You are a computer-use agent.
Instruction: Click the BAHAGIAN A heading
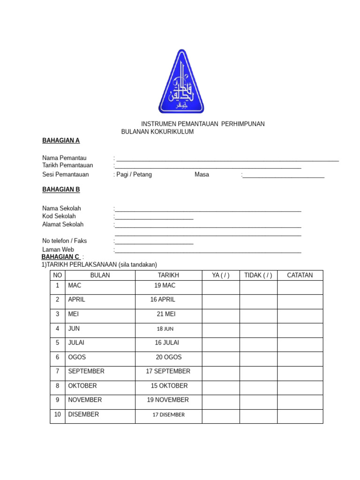point(61,140)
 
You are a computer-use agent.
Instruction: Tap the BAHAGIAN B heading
point(61,189)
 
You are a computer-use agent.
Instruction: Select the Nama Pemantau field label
point(64,158)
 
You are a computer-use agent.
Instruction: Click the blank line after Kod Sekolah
point(154,217)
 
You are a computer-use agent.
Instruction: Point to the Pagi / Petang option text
point(134,174)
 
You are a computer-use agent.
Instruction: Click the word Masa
point(202,174)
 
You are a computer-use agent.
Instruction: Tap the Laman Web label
point(58,249)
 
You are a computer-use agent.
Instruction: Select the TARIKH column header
point(168,275)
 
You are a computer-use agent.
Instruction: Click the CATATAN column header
point(300,275)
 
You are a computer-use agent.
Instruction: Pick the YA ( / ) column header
point(220,275)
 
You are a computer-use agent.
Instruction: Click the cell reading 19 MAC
point(165,285)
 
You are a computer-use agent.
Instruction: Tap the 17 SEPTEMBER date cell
point(168,371)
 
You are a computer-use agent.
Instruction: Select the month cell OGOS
point(77,357)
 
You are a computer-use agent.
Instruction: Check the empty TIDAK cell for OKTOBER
point(258,388)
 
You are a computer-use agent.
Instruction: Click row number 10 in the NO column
point(57,414)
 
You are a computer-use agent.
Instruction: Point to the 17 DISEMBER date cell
point(168,414)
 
